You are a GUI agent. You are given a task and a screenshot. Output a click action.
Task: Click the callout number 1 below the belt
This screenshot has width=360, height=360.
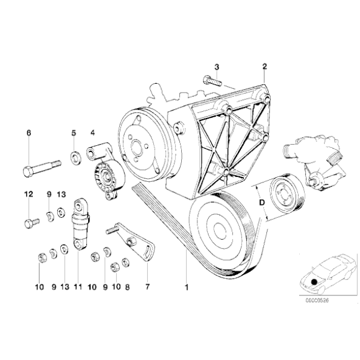pyautogui.click(x=185, y=287)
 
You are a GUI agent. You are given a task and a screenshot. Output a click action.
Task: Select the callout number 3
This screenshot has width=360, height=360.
pyautogui.click(x=217, y=66)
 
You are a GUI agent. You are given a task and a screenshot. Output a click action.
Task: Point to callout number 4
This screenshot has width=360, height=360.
pyautogui.click(x=92, y=132)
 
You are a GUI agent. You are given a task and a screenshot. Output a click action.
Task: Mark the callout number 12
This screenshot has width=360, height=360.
pyautogui.click(x=28, y=194)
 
